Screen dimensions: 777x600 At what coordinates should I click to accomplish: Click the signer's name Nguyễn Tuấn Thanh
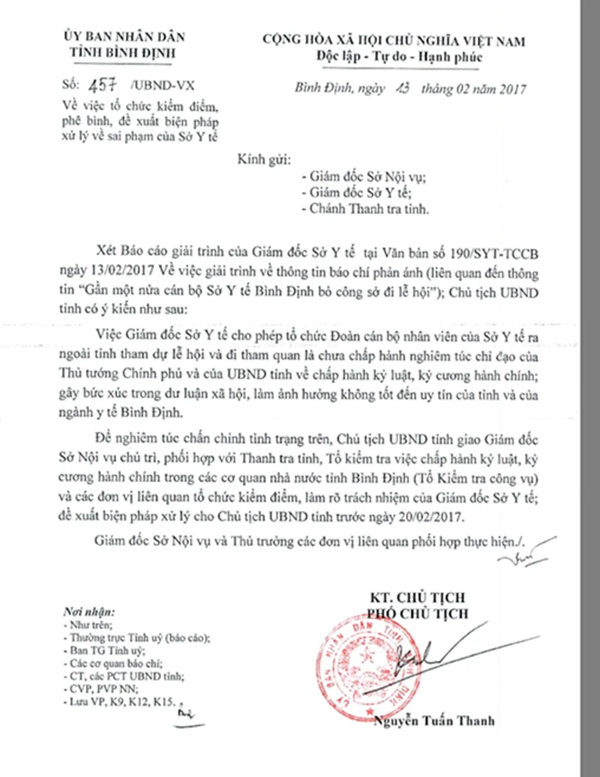click(434, 721)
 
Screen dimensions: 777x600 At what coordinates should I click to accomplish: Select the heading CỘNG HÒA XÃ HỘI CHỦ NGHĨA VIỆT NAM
click(394, 41)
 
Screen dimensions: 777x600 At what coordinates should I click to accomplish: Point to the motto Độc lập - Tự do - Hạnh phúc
click(400, 58)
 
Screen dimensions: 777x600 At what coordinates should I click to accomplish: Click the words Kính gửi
click(264, 160)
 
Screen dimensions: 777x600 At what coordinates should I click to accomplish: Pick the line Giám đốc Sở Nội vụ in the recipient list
click(367, 177)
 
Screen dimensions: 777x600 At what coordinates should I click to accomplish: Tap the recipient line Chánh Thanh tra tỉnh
click(368, 209)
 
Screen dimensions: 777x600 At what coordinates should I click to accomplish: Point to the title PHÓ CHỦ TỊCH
click(418, 613)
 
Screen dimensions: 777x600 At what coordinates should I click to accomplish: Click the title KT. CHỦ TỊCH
click(418, 598)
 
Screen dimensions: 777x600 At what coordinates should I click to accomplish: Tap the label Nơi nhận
click(89, 612)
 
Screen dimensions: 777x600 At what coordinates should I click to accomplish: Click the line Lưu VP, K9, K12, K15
click(122, 702)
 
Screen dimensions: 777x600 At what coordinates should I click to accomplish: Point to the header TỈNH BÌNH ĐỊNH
click(123, 53)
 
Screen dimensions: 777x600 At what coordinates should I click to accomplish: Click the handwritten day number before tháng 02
click(402, 89)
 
